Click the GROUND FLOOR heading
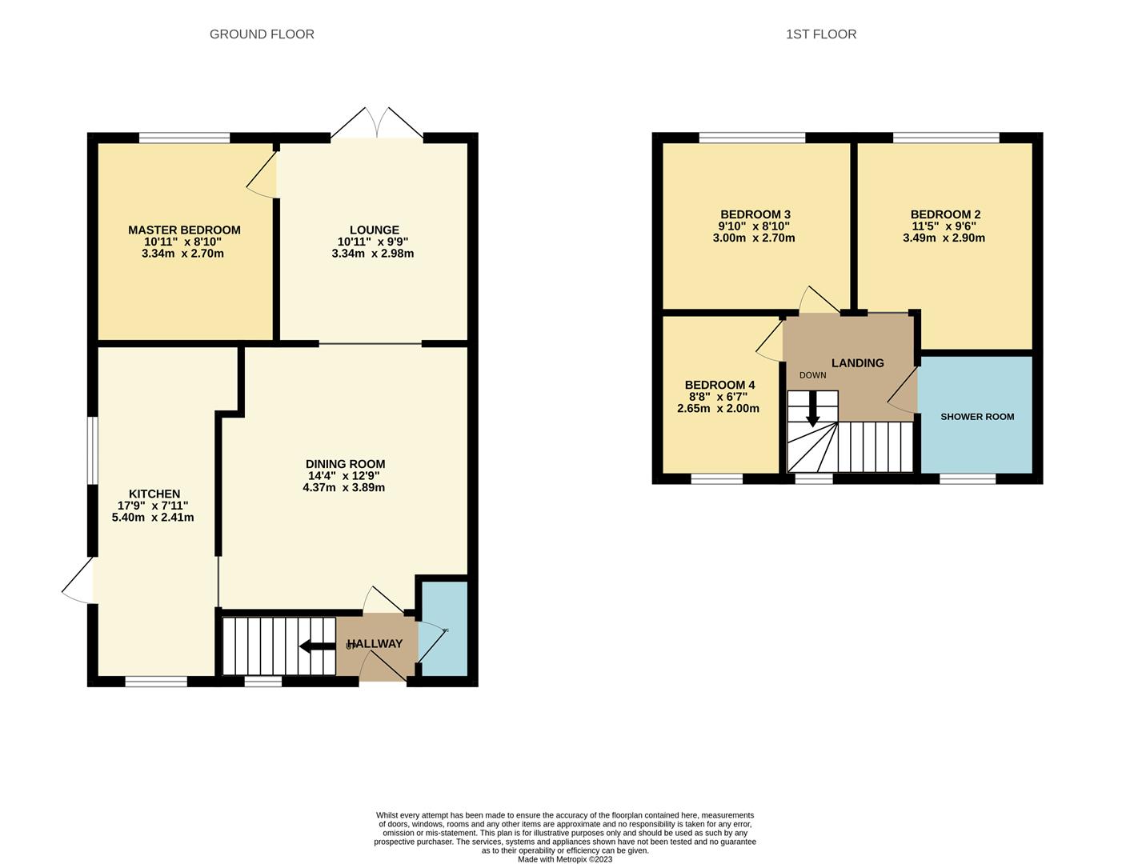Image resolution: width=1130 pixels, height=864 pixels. [262, 34]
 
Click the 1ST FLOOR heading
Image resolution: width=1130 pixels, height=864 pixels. [820, 34]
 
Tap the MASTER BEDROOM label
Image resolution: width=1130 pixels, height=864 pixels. [184, 230]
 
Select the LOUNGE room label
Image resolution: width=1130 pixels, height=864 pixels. [374, 230]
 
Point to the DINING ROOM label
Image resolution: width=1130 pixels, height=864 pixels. [345, 464]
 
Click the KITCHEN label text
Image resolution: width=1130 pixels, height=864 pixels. [154, 494]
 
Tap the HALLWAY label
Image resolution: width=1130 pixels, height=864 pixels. [375, 644]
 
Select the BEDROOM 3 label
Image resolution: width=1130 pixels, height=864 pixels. [755, 214]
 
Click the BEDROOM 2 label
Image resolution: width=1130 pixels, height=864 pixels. [945, 214]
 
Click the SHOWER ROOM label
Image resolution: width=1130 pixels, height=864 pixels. [977, 417]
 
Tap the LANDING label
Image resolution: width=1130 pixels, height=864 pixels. [857, 363]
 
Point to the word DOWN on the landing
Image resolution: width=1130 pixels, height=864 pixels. [812, 375]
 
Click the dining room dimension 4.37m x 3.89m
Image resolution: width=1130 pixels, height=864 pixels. [344, 488]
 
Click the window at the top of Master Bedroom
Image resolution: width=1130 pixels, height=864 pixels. [184, 138]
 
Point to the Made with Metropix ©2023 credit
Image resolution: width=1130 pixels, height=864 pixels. [565, 859]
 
